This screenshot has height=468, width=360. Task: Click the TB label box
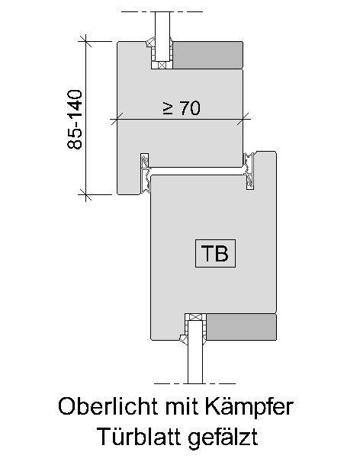[215, 253]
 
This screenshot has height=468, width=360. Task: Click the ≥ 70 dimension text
[182, 107]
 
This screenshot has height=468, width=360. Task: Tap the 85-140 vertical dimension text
[74, 120]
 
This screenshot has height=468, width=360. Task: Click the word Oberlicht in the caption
[109, 406]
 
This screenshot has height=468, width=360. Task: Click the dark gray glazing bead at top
[208, 55]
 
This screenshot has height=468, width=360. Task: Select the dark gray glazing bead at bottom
[241, 327]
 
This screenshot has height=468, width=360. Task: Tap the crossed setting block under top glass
[162, 65]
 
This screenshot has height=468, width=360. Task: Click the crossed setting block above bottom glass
[195, 317]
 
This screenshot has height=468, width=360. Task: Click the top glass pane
[162, 37]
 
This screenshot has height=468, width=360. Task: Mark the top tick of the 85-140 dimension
[85, 41]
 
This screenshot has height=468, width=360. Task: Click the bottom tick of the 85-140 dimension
[85, 194]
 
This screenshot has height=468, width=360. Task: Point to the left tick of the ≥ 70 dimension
[117, 119]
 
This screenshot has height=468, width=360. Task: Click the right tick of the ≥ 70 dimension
[243, 119]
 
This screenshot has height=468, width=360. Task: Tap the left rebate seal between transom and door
[145, 172]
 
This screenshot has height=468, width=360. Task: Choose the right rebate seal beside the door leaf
[249, 171]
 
